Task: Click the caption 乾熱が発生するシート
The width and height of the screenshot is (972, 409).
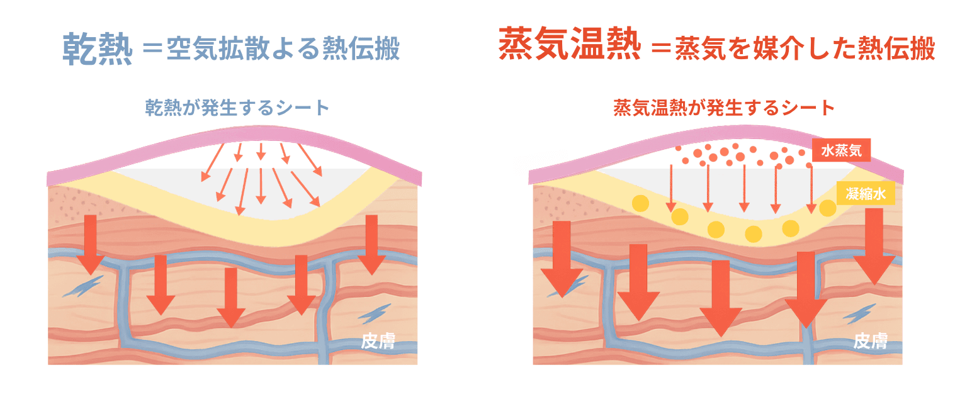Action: [x=237, y=108]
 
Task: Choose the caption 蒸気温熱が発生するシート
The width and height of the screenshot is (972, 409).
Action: [x=724, y=108]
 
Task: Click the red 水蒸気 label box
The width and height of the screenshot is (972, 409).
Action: [x=841, y=150]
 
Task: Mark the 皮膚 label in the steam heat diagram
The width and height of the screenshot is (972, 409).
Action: [x=871, y=341]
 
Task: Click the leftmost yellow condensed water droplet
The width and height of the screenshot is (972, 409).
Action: [x=640, y=203]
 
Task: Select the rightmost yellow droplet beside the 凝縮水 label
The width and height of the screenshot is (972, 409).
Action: [x=828, y=208]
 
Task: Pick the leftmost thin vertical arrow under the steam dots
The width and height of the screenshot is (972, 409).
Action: [x=671, y=188]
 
